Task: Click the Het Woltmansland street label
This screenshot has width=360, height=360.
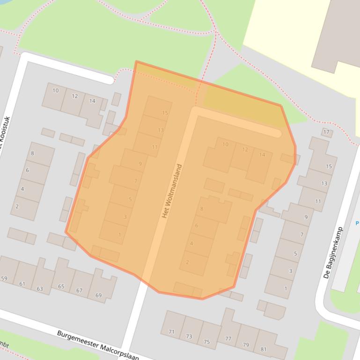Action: click(x=172, y=191)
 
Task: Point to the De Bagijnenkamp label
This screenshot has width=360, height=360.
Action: click(x=333, y=253)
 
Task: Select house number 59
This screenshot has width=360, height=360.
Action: click(x=4, y=279)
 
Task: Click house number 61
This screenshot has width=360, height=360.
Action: click(x=22, y=284)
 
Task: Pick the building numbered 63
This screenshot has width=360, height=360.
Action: click(x=40, y=289)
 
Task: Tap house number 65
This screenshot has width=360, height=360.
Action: click(x=61, y=286)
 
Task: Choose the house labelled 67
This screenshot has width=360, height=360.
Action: click(x=80, y=290)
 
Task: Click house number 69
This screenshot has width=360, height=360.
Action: click(x=98, y=295)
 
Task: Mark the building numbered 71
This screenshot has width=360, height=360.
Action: click(x=171, y=332)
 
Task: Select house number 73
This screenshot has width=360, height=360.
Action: click(x=189, y=336)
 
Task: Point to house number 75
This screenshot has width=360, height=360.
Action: click(x=206, y=342)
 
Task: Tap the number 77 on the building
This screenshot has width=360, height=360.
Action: click(x=228, y=339)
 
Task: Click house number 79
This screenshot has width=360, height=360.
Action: click(x=246, y=345)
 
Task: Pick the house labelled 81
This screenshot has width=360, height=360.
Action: click(x=264, y=349)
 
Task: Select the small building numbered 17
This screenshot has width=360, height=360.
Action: click(x=326, y=132)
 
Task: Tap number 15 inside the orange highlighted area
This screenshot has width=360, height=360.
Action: click(x=165, y=113)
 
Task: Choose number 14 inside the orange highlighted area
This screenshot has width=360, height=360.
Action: click(x=262, y=155)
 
